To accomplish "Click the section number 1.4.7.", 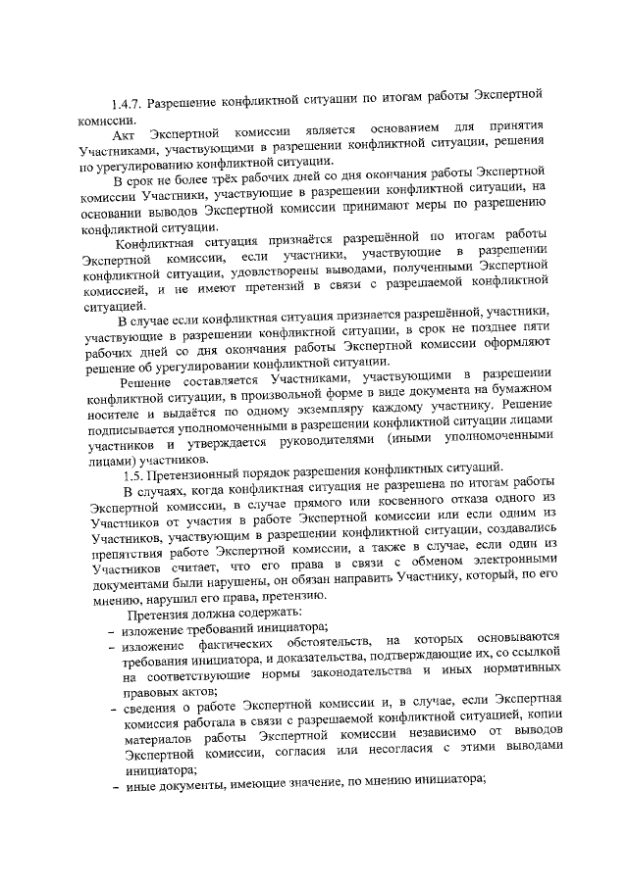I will point(131,103).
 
